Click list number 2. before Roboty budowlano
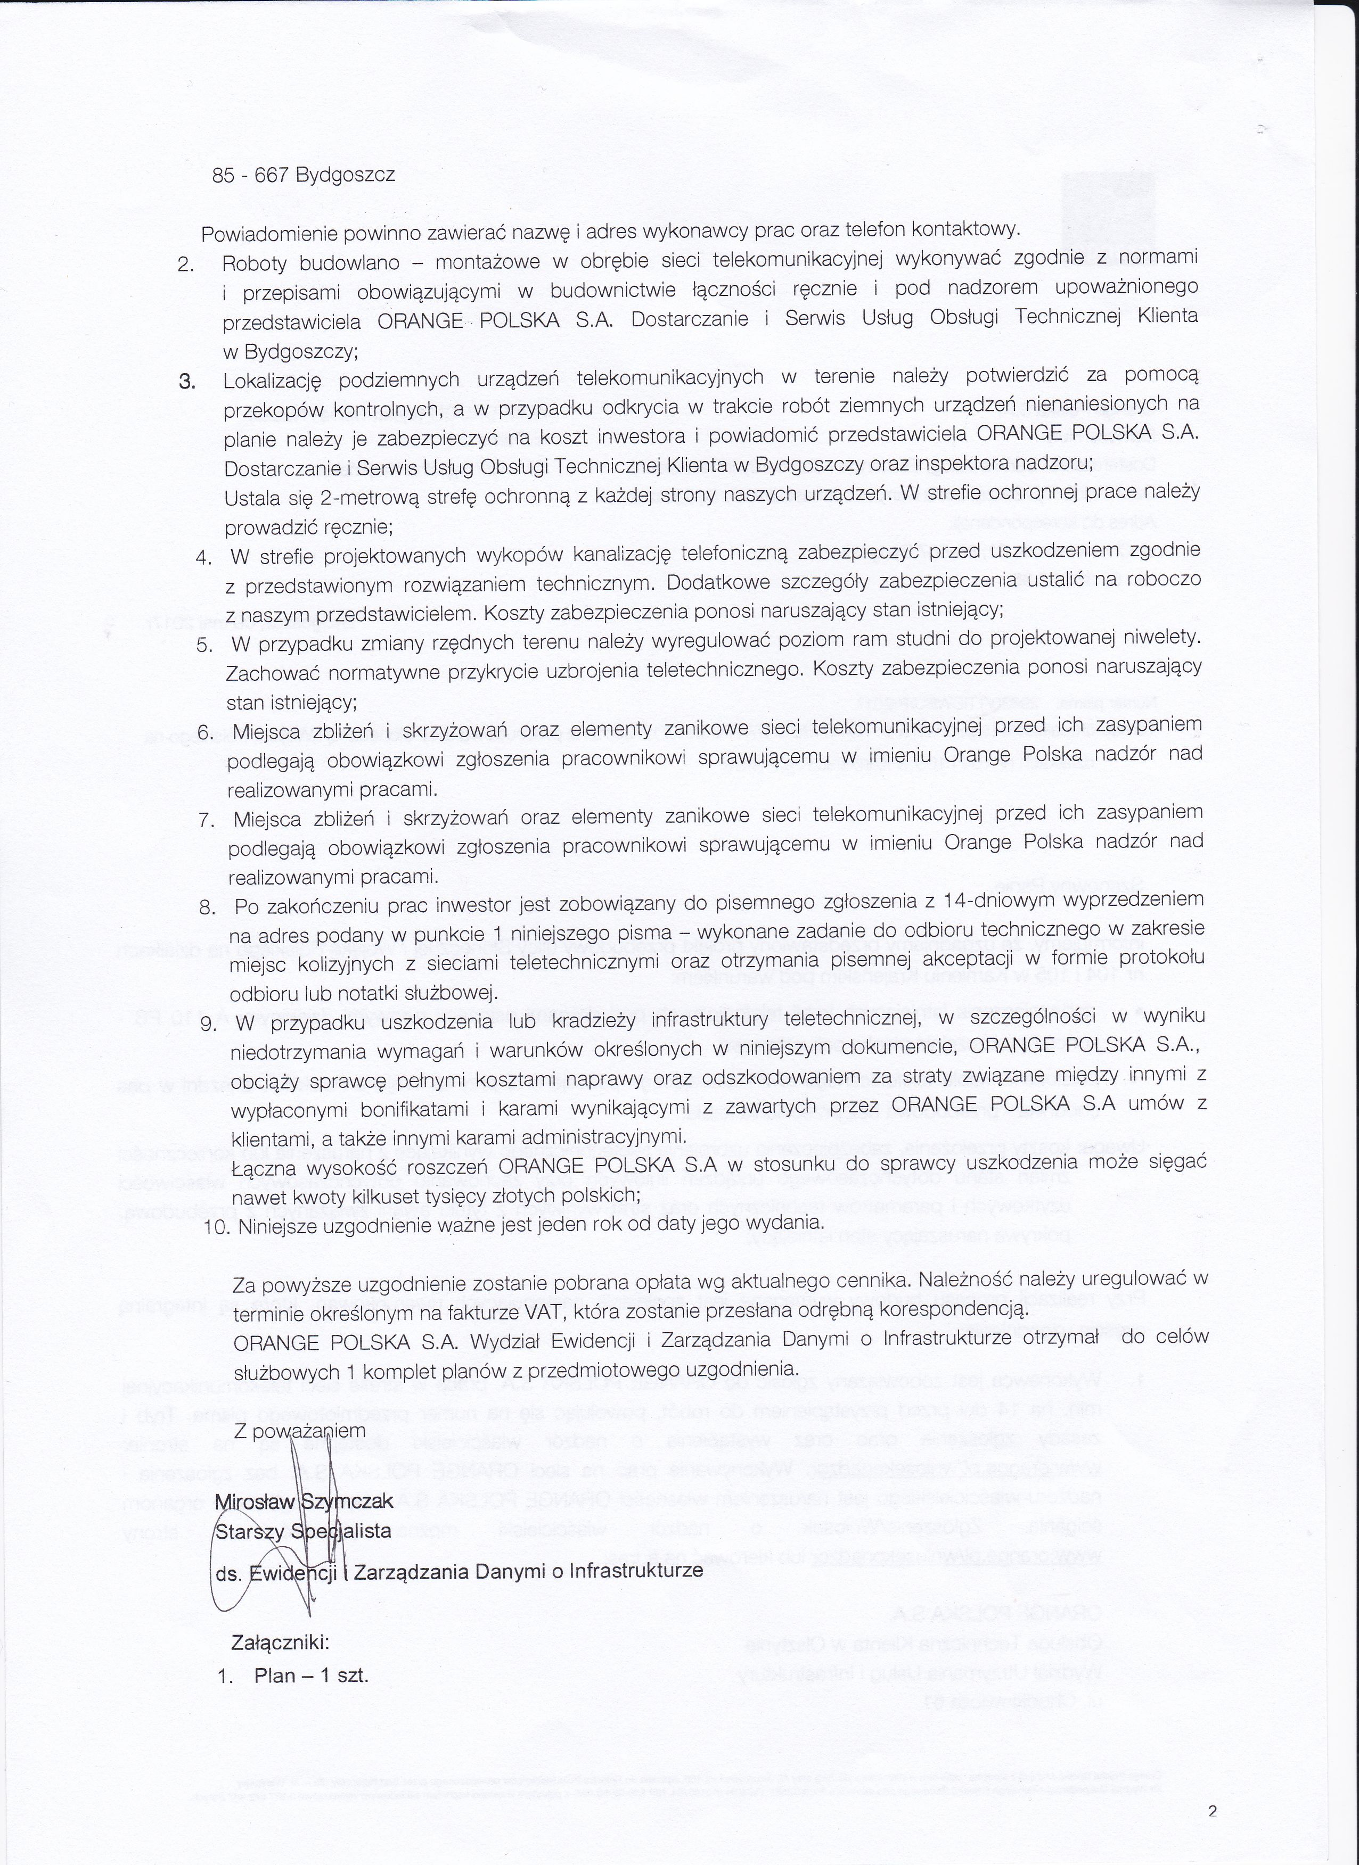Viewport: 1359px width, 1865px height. [185, 265]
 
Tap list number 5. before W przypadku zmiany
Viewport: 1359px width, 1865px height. [205, 644]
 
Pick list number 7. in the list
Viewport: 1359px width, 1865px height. [207, 820]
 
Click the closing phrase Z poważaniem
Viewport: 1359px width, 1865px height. [299, 1431]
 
